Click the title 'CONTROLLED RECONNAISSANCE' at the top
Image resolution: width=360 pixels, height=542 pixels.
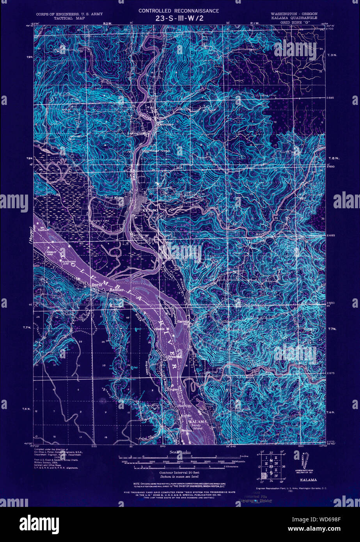coord(179,11)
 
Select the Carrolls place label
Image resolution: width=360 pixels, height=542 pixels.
coord(184,322)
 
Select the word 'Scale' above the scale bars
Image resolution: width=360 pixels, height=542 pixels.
coord(174,452)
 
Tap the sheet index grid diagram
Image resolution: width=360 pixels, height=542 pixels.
coord(270,466)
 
